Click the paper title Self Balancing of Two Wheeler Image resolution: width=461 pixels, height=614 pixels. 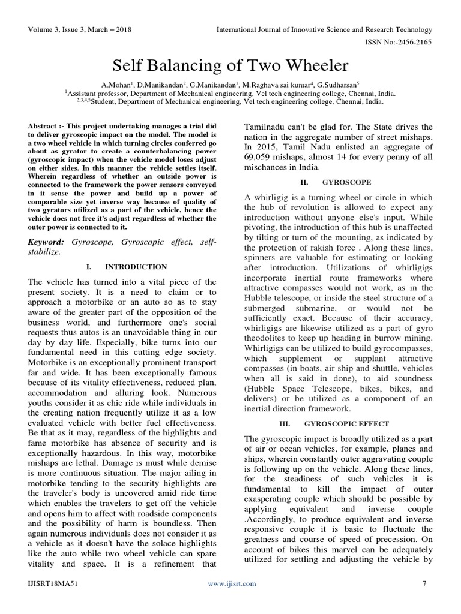(230, 65)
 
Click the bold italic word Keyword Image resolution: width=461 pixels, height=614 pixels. (47, 240)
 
